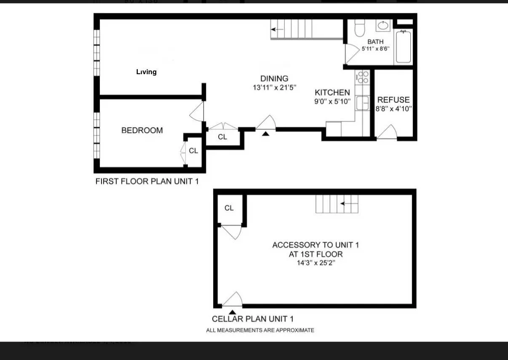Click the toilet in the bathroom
click(360, 28)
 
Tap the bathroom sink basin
click(382, 25)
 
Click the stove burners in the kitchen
click(362, 77)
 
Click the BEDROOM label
click(142, 130)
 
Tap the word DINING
click(274, 78)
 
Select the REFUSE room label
click(393, 100)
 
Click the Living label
click(146, 72)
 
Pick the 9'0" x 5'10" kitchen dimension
click(333, 101)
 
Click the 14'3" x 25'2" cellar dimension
click(315, 263)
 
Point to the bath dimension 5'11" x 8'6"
click(375, 48)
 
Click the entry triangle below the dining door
click(265, 134)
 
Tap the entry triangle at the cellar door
click(232, 312)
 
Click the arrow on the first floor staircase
click(277, 30)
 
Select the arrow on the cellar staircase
click(348, 204)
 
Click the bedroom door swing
click(197, 112)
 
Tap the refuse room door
click(388, 132)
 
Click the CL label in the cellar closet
click(229, 208)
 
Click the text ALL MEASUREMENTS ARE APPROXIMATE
click(260, 330)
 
